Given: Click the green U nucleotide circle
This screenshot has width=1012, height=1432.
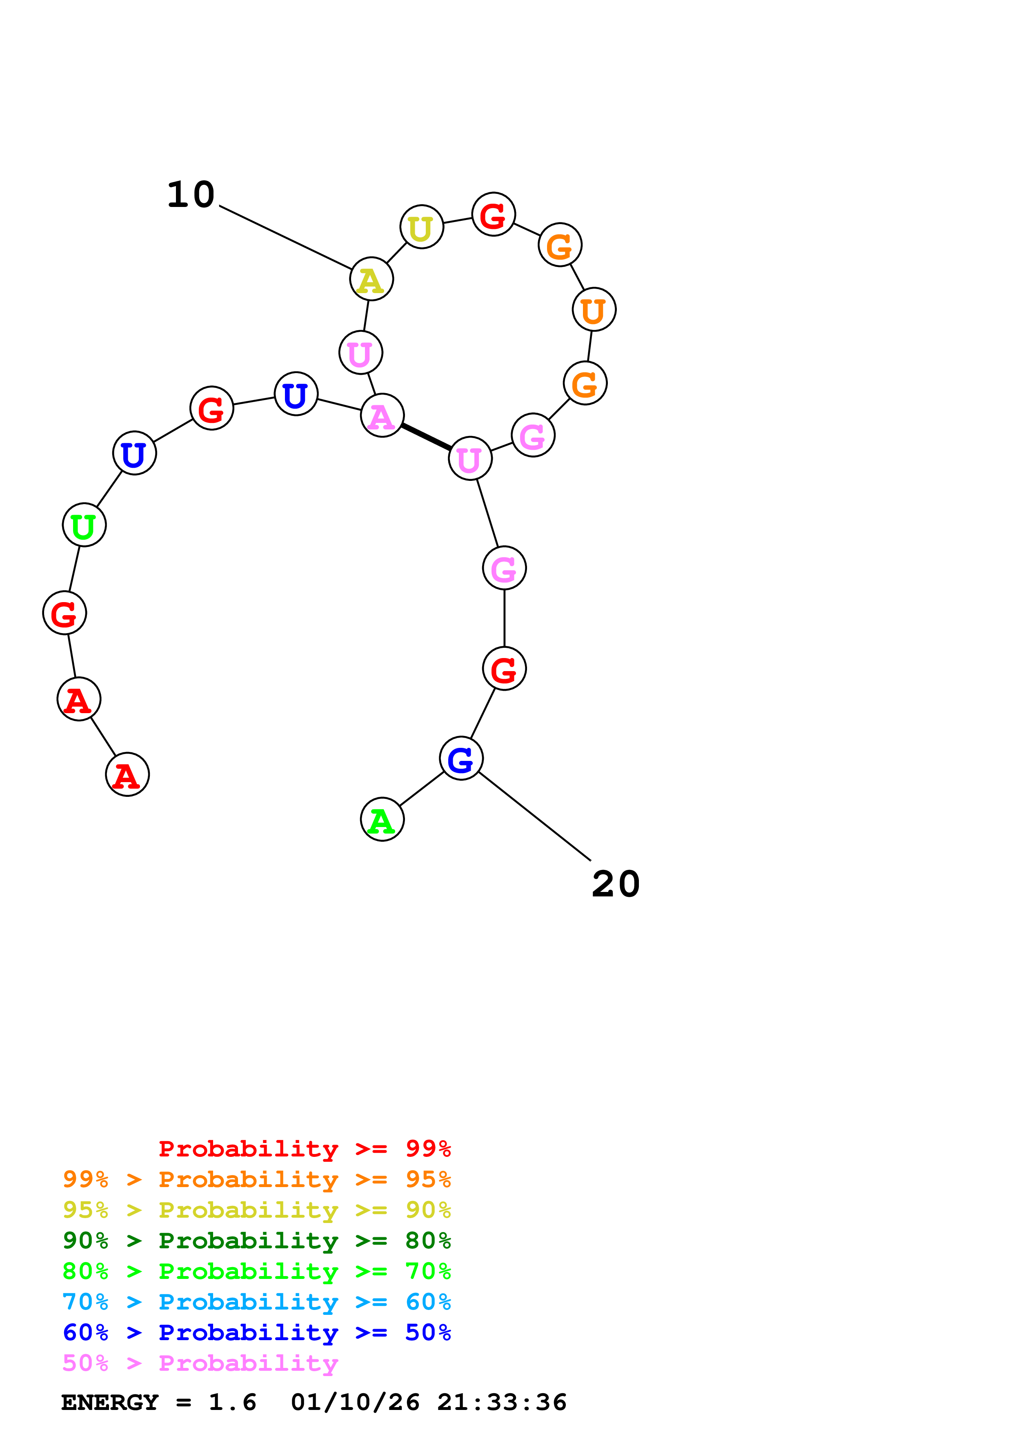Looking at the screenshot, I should click(x=84, y=525).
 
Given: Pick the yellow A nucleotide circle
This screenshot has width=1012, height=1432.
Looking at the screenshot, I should click(x=371, y=279).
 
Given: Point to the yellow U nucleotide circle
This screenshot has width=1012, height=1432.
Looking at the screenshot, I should click(x=422, y=227).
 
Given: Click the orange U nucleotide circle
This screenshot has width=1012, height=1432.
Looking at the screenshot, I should click(x=594, y=309).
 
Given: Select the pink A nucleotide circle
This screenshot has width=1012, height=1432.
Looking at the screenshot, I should click(x=382, y=416).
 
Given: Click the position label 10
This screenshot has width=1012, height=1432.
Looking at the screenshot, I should click(x=191, y=195).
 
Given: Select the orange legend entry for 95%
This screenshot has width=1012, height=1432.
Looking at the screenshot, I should click(x=256, y=1179).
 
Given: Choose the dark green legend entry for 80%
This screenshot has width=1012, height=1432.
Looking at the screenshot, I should click(x=256, y=1241).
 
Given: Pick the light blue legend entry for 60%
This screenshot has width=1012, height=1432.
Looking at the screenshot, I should click(x=256, y=1302).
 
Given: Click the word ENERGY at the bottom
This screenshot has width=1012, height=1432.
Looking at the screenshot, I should click(x=110, y=1403).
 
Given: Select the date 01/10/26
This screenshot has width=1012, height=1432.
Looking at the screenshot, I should click(x=355, y=1403).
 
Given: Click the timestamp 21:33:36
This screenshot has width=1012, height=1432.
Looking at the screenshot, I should click(x=501, y=1403).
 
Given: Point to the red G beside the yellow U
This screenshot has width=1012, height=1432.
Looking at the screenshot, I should click(x=493, y=215).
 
